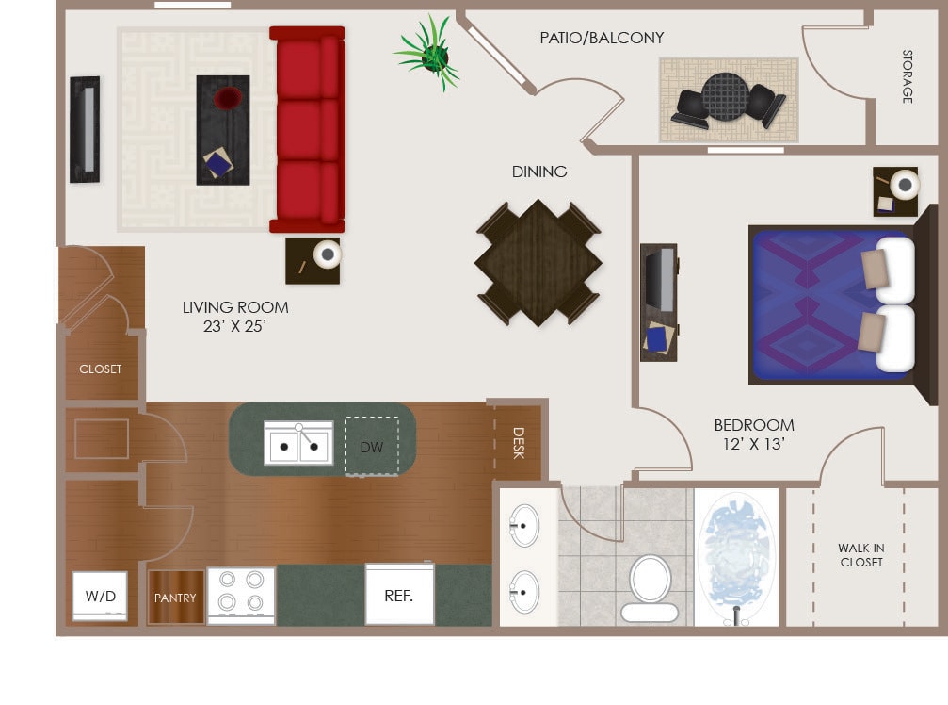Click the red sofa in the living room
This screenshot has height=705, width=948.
[x=307, y=129]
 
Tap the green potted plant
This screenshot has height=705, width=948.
[x=431, y=54]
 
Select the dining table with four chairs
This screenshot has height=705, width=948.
[x=538, y=262]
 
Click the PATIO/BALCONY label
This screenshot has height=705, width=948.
[x=602, y=38]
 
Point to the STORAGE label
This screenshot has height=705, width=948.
[x=908, y=76]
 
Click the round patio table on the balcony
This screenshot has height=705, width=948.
[x=726, y=97]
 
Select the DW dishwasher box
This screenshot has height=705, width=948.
[x=372, y=447]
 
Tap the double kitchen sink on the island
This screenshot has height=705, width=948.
[x=298, y=444]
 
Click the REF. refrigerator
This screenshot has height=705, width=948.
[x=399, y=596]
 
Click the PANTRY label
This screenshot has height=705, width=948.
[x=176, y=598]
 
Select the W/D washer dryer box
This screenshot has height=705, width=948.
[x=101, y=596]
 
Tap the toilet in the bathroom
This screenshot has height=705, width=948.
[x=650, y=588]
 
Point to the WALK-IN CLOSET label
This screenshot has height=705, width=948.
[x=861, y=555]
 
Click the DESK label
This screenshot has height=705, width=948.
[x=518, y=443]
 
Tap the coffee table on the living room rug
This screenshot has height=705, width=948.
[x=223, y=130]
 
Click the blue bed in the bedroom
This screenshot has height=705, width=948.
[x=819, y=304]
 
